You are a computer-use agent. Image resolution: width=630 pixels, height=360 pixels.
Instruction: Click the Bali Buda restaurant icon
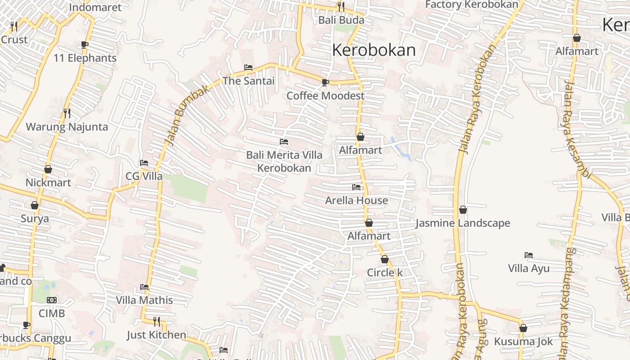tap(341, 7)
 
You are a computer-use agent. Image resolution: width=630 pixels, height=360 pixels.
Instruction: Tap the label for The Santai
tap(248, 81)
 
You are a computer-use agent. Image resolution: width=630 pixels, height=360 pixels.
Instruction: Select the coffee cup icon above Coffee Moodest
tap(325, 82)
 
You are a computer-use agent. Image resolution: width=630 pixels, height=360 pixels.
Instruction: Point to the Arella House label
tap(356, 200)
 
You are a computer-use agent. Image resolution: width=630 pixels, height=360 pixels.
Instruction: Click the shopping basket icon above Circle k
tap(384, 259)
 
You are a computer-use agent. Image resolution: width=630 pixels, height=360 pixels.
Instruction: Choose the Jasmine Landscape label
tap(463, 223)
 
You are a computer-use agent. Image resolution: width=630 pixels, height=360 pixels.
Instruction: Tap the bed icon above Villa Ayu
tap(529, 255)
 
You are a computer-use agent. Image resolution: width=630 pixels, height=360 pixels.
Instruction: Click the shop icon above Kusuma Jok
tap(523, 328)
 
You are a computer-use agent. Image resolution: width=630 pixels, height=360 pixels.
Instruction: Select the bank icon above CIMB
tap(52, 300)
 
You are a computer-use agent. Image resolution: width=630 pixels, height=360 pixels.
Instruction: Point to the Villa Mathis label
tap(144, 300)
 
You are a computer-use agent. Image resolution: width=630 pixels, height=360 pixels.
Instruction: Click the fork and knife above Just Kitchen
tap(156, 321)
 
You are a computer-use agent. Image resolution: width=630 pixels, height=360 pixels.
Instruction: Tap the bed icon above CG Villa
tap(144, 162)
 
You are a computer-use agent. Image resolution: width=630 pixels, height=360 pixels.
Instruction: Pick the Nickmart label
tap(48, 183)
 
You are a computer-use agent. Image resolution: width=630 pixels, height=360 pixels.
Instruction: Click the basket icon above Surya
tap(35, 205)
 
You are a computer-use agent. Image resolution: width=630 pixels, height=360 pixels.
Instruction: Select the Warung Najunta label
tap(67, 127)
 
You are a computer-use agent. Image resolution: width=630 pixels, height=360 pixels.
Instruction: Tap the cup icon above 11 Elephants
tap(85, 45)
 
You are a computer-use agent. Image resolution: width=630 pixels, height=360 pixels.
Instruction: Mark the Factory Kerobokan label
tap(472, 5)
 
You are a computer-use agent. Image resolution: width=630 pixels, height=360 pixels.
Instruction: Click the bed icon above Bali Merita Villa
tap(284, 142)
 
